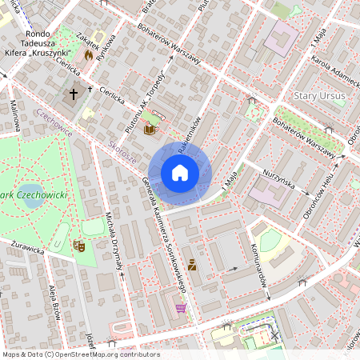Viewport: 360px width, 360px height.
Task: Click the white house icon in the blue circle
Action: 180,173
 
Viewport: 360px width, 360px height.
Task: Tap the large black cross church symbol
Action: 73,94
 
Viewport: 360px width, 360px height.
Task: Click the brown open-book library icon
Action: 149,128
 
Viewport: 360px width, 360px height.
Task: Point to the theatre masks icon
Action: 78,246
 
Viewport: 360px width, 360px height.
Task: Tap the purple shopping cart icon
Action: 181,307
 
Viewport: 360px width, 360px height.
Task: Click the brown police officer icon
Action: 192,263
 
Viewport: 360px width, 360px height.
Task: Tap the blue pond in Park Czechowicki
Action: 34,198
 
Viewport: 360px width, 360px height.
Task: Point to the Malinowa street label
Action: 15,116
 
